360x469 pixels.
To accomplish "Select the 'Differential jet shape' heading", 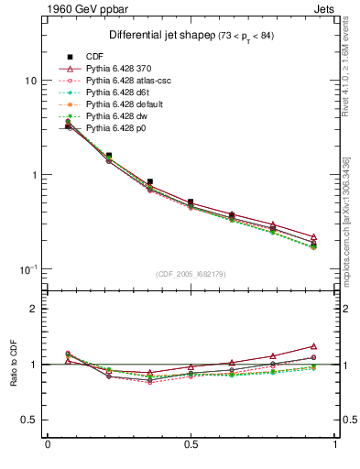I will pos(148,35).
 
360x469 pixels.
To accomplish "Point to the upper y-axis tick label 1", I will pos(33,175).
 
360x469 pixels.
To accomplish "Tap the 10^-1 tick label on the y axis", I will pos(27,268).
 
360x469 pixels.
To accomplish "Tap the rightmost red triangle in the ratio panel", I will pos(313,346).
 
